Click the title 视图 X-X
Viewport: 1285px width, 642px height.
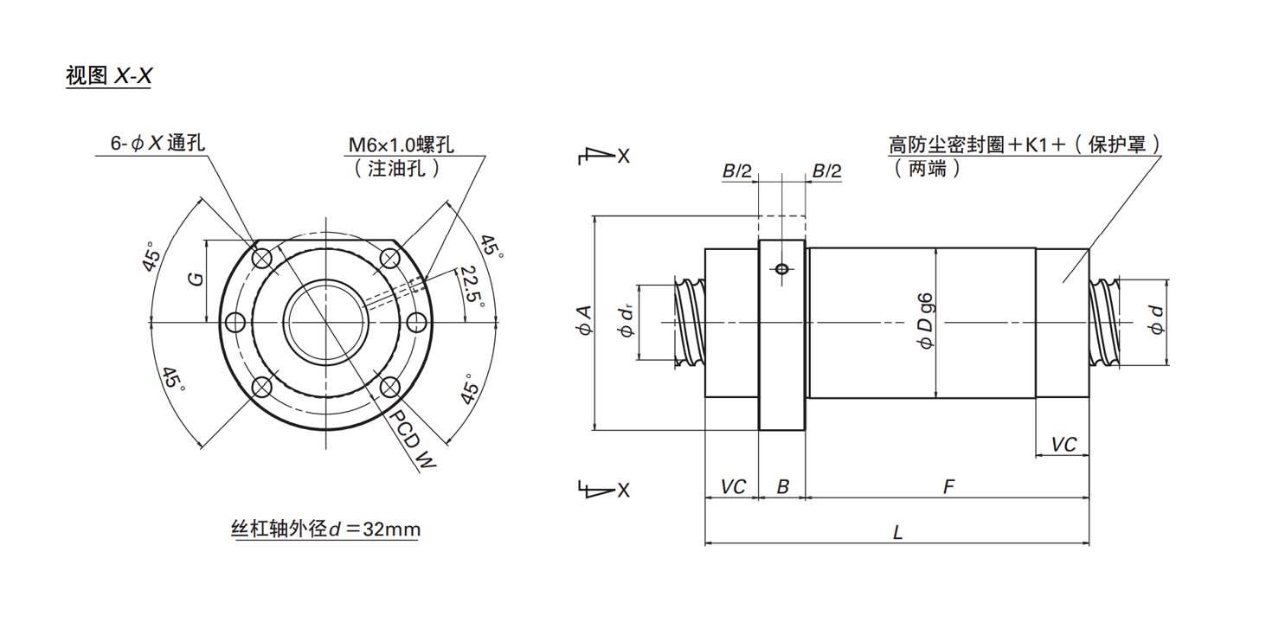tap(109, 76)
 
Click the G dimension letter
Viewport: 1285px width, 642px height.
tap(196, 279)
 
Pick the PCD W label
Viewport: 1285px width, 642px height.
tap(412, 439)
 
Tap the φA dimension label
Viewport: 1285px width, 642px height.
tap(584, 321)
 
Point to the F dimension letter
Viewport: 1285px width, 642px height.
tap(948, 487)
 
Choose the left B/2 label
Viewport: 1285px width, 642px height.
tap(737, 171)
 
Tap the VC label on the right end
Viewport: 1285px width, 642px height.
tap(1063, 444)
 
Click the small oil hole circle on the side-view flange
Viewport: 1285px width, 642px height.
tap(782, 269)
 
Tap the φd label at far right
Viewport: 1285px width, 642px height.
tap(1154, 321)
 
